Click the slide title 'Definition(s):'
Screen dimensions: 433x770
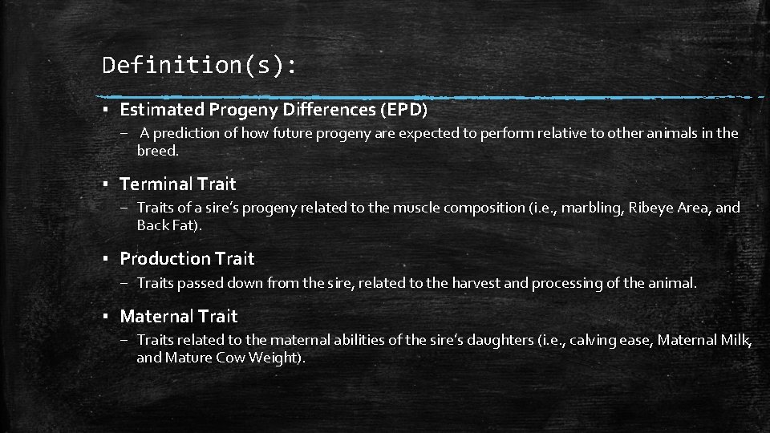point(199,65)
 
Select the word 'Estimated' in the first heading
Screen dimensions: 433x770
point(163,108)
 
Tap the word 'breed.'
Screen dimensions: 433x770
point(158,150)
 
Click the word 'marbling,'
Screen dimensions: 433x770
point(591,208)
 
